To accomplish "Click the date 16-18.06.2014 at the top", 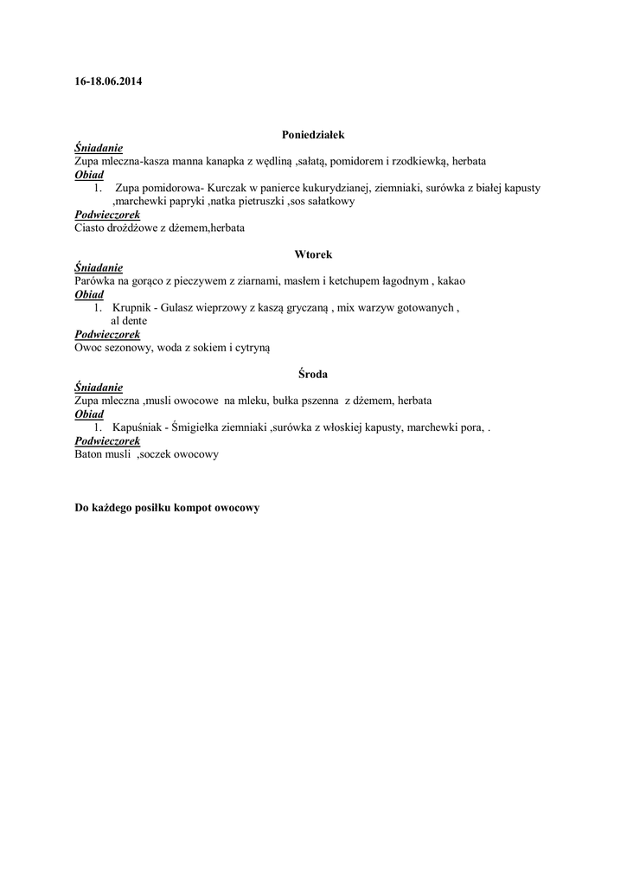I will [108, 82].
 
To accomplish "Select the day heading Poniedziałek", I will [313, 135].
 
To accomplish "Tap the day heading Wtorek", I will [313, 254].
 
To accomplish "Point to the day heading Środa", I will [313, 374].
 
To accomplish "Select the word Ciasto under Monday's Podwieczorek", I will [92, 228].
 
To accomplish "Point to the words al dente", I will [129, 321].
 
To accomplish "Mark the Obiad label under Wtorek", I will [89, 294].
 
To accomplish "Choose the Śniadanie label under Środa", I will [99, 388].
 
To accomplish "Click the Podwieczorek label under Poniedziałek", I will [107, 215].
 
